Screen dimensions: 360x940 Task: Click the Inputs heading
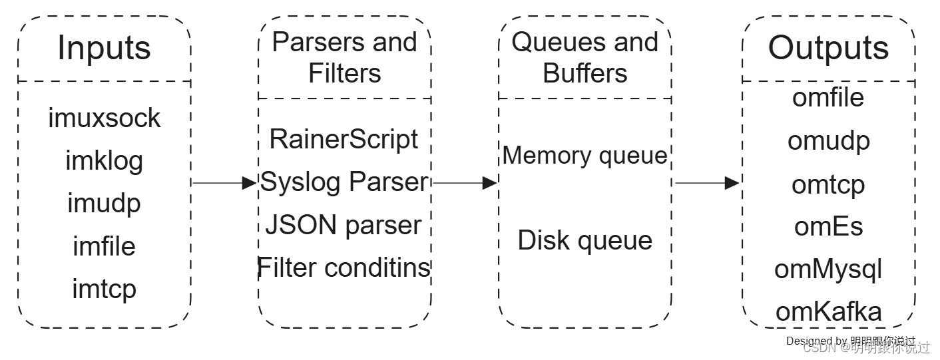105,48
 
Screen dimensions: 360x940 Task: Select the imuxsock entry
105,118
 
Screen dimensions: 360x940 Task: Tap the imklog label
105,160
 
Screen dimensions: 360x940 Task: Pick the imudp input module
105,203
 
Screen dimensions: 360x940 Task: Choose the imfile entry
105,246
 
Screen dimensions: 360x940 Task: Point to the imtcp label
105,289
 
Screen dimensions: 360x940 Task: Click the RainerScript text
344,139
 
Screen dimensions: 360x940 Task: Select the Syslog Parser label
344,182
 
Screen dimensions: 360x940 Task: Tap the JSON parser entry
344,225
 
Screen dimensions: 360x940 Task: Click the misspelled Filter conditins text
344,268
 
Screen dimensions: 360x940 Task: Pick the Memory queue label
585,155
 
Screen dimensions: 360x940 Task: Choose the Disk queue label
585,240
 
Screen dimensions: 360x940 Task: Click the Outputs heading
828,48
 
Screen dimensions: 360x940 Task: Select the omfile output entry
828,97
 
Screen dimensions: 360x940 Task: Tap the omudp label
828,140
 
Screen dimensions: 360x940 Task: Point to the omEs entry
828,226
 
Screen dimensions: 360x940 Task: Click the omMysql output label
828,269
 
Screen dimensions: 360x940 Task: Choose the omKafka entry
828,311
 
